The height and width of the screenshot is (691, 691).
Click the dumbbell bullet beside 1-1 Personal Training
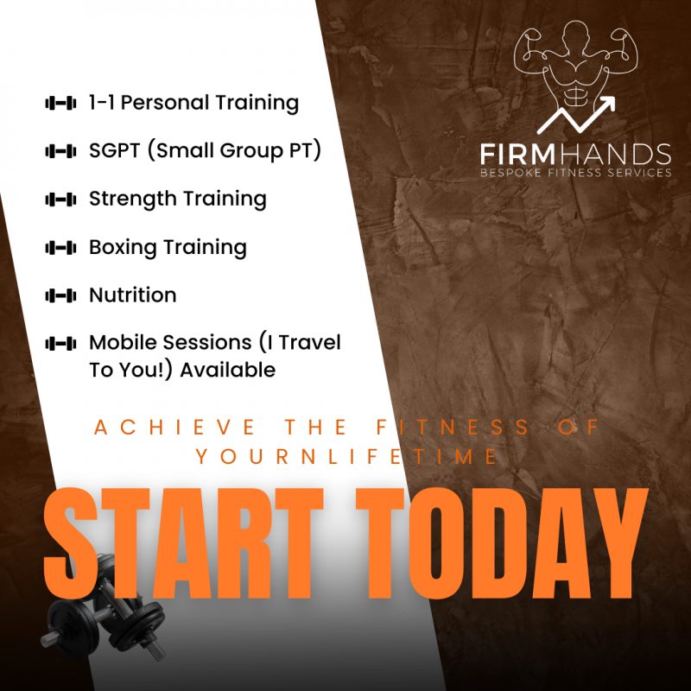(60, 104)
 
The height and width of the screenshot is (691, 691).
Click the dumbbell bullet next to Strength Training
(60, 200)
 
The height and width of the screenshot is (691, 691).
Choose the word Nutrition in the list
(133, 295)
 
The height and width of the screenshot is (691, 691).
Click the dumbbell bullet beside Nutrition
(60, 295)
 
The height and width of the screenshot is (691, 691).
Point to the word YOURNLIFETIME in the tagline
(346, 456)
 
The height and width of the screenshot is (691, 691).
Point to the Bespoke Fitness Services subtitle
(576, 173)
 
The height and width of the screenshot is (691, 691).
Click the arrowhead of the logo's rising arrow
(608, 104)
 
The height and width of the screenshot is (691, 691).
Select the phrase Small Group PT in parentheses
(237, 151)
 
